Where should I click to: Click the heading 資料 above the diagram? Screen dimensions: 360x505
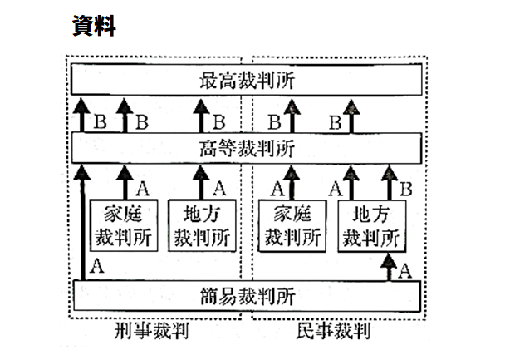(94, 27)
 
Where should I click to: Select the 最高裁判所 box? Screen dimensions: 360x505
(248, 81)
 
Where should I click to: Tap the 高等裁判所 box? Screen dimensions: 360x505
(248, 148)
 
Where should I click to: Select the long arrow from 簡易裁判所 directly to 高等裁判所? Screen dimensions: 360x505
(81, 224)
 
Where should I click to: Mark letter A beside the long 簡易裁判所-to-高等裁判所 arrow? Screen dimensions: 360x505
(97, 267)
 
